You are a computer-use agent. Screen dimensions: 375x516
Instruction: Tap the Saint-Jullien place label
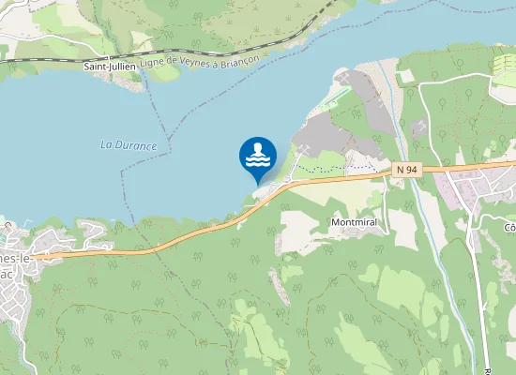(x=109, y=67)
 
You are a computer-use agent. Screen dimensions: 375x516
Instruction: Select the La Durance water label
(x=128, y=145)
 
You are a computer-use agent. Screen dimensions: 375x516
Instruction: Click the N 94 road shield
(x=405, y=169)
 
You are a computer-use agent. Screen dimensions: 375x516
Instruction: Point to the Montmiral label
(x=355, y=223)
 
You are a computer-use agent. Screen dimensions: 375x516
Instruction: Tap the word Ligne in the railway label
(x=152, y=65)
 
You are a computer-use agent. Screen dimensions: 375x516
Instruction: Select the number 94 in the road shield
(x=410, y=169)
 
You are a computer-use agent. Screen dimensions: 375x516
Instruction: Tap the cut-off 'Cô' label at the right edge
(x=509, y=228)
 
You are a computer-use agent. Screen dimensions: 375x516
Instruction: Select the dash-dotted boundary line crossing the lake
(x=170, y=122)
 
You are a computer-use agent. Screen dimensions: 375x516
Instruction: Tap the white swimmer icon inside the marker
(x=258, y=155)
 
